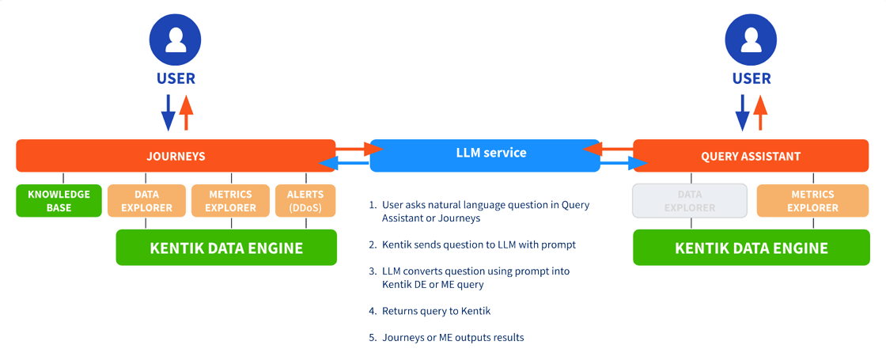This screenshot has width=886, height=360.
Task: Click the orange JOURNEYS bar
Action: (176, 156)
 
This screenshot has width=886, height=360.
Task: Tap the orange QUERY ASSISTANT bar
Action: (751, 156)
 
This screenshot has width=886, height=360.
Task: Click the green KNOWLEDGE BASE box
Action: (59, 201)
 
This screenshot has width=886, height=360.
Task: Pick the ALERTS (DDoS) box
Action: (305, 201)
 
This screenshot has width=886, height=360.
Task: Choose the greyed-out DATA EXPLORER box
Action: (690, 201)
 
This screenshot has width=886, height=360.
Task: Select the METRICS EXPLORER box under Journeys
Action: (231, 201)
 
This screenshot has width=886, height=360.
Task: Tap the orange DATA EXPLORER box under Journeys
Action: (146, 201)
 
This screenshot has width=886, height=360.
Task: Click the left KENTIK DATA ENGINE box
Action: (226, 248)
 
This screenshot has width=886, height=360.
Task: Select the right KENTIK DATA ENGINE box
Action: (752, 248)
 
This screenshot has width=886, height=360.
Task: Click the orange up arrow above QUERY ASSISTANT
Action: (760, 112)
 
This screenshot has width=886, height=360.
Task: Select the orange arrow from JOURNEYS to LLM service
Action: (353, 148)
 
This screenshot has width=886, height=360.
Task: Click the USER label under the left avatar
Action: (176, 78)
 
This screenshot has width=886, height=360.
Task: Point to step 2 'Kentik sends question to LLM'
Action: (471, 244)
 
